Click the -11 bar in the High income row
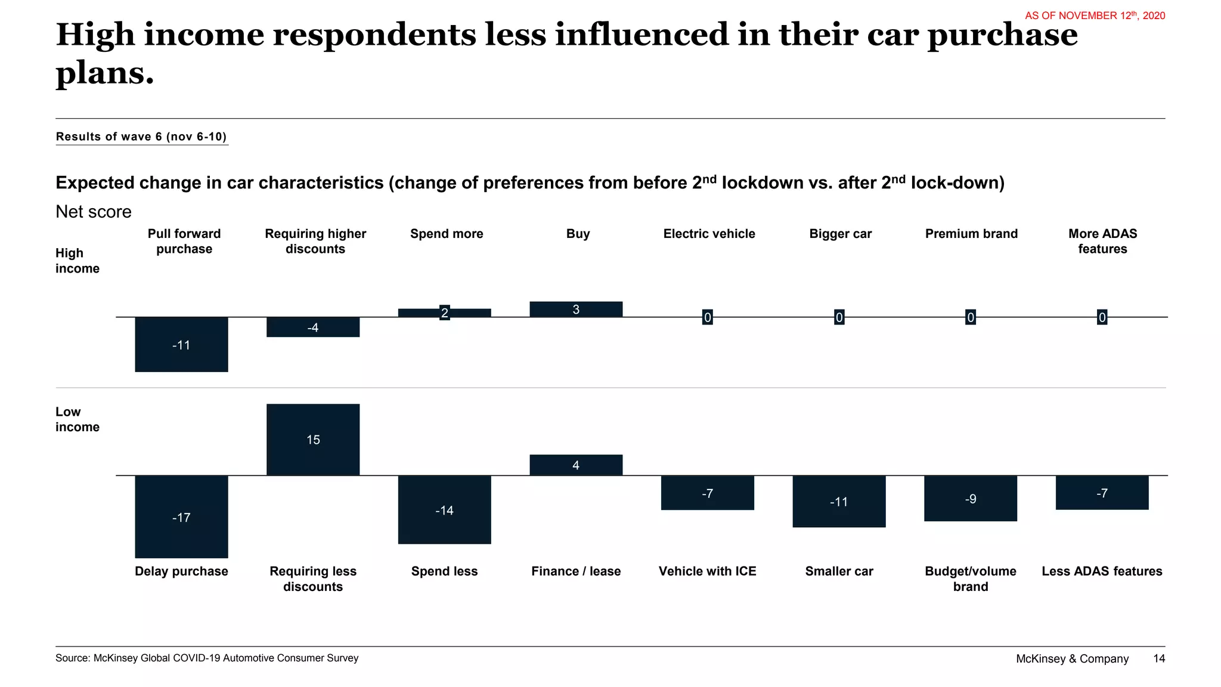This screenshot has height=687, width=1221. coord(181,345)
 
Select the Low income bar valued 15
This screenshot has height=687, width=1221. coord(313,440)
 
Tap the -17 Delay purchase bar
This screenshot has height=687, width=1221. coord(181,516)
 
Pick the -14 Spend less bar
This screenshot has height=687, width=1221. coord(444,510)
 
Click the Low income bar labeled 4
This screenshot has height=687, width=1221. coord(576,465)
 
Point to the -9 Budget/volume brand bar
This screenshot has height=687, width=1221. coord(970,499)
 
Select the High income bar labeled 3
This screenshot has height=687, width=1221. coord(576,310)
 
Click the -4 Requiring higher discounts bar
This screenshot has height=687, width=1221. coord(313,327)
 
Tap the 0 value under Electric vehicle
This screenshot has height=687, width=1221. coord(708,317)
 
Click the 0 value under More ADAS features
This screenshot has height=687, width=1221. coord(1102,317)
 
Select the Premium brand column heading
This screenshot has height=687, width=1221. coord(971,234)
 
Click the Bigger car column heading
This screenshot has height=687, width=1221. coord(840,234)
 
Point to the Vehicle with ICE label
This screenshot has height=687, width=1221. coord(707,571)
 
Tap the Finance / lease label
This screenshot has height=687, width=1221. coord(576,571)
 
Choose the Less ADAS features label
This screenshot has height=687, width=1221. coord(1102,571)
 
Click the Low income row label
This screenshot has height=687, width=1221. coord(77,419)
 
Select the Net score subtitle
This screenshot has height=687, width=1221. coord(94,212)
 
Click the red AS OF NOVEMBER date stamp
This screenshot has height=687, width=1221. coord(1095,16)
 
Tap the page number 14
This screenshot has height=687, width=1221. coord(1159,658)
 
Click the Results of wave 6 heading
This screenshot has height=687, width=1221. coord(141,137)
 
